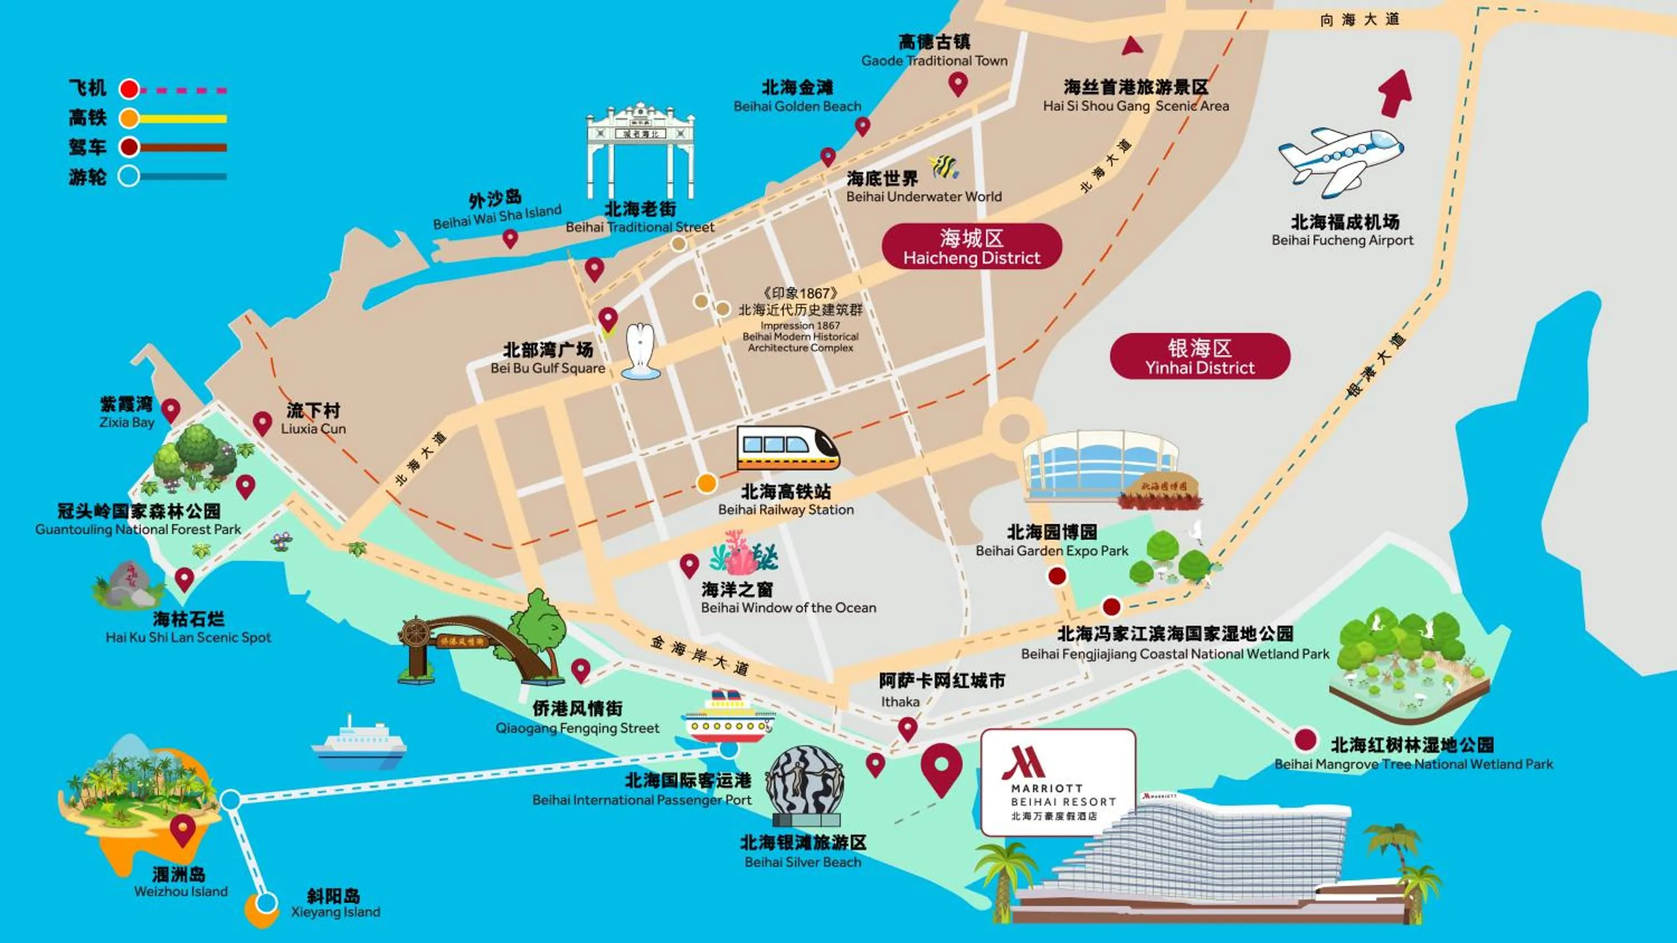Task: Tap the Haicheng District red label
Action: pyautogui.click(x=972, y=247)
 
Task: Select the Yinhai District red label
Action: pyautogui.click(x=1199, y=356)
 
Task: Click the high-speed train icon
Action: pyautogui.click(x=787, y=447)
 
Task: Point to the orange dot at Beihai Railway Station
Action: pyautogui.click(x=707, y=483)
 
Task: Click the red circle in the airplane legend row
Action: pyautogui.click(x=129, y=89)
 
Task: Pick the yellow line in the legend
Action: pyautogui.click(x=182, y=119)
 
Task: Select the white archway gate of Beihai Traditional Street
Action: pyautogui.click(x=641, y=151)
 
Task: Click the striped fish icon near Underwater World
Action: pyautogui.click(x=944, y=167)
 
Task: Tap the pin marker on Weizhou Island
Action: pyautogui.click(x=183, y=830)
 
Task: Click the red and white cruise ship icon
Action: pyautogui.click(x=727, y=718)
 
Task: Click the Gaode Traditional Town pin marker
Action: pyautogui.click(x=958, y=83)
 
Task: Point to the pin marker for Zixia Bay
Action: pyautogui.click(x=170, y=410)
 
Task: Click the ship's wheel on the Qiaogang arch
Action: pyautogui.click(x=415, y=632)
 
